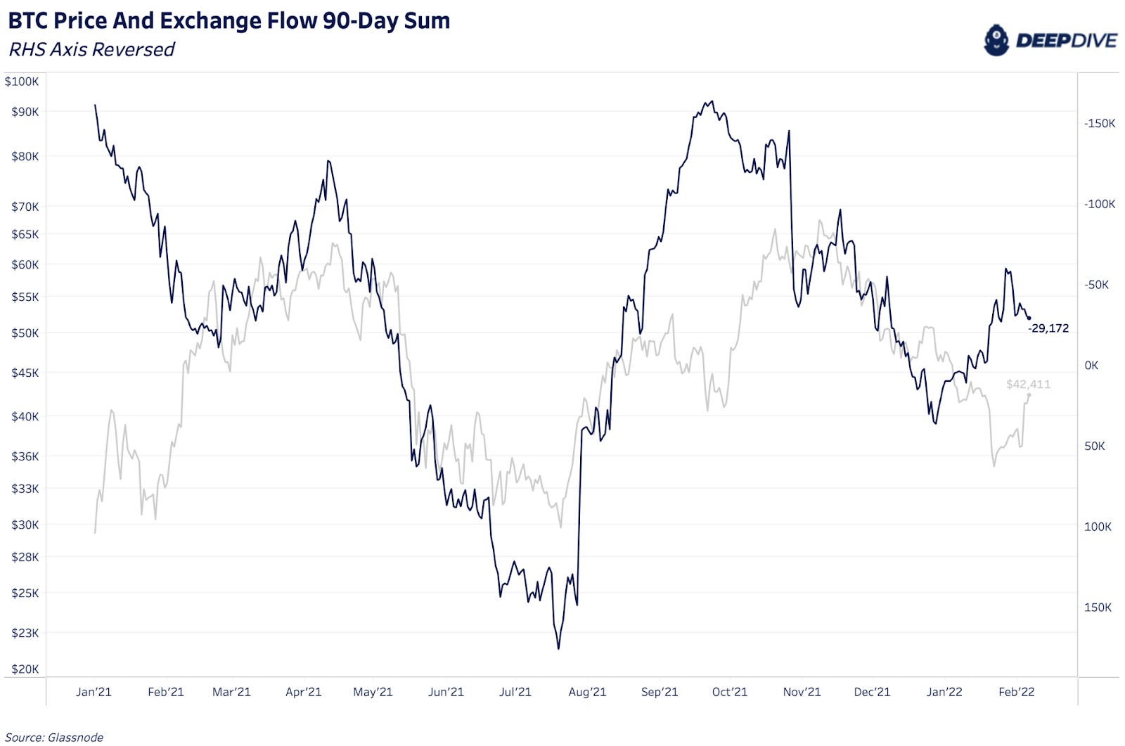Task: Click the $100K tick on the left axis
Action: tap(22, 82)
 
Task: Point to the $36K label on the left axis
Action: tap(25, 456)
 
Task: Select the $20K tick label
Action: tap(25, 669)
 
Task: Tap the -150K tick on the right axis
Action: tap(1100, 124)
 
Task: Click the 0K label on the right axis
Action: tap(1091, 366)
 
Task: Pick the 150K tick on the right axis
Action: tap(1098, 607)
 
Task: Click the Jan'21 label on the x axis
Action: tap(94, 692)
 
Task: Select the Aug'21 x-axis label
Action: tap(587, 692)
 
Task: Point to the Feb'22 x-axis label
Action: tap(1017, 692)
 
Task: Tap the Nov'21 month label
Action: tap(802, 692)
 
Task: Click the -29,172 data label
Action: tap(1048, 328)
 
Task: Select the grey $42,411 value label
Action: tap(1028, 384)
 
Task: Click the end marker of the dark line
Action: tap(1029, 319)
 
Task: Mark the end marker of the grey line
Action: tap(1029, 395)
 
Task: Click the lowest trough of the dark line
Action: tap(559, 648)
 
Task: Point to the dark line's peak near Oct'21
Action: tap(712, 101)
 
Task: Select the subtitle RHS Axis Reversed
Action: tap(91, 50)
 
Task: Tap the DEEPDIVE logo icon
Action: tap(996, 40)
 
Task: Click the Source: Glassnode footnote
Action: tap(54, 737)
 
